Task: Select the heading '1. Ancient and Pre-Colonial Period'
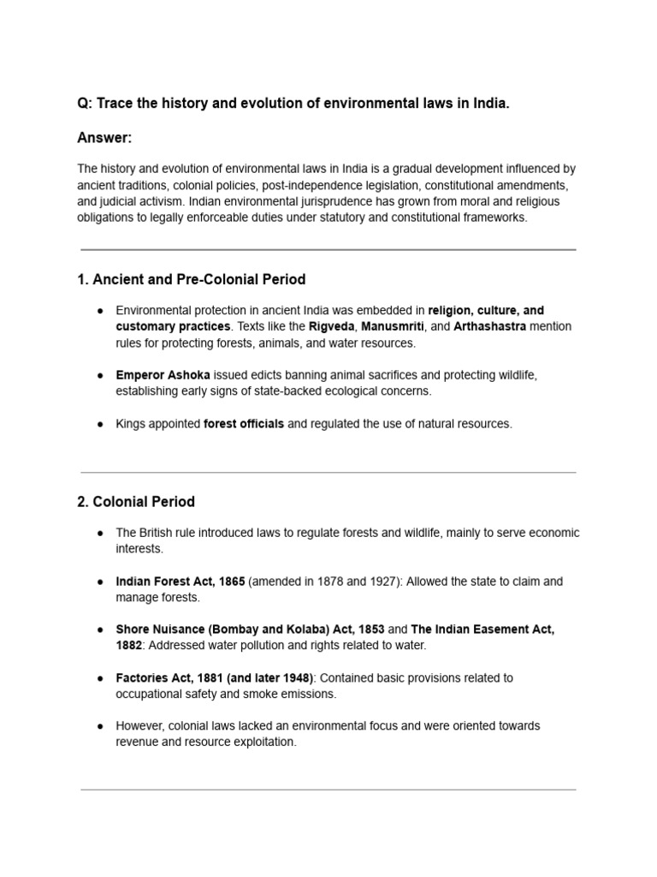191,279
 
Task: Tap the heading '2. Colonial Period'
135,501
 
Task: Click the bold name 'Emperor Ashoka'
163,375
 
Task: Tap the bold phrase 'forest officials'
244,424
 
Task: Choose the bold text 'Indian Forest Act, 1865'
181,582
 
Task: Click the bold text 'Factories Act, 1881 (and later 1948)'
215,677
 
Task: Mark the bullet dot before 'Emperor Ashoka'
100,375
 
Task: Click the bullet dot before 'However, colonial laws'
100,726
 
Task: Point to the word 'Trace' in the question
115,104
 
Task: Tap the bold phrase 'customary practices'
173,326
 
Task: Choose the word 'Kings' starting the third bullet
132,424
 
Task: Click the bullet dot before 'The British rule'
100,533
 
